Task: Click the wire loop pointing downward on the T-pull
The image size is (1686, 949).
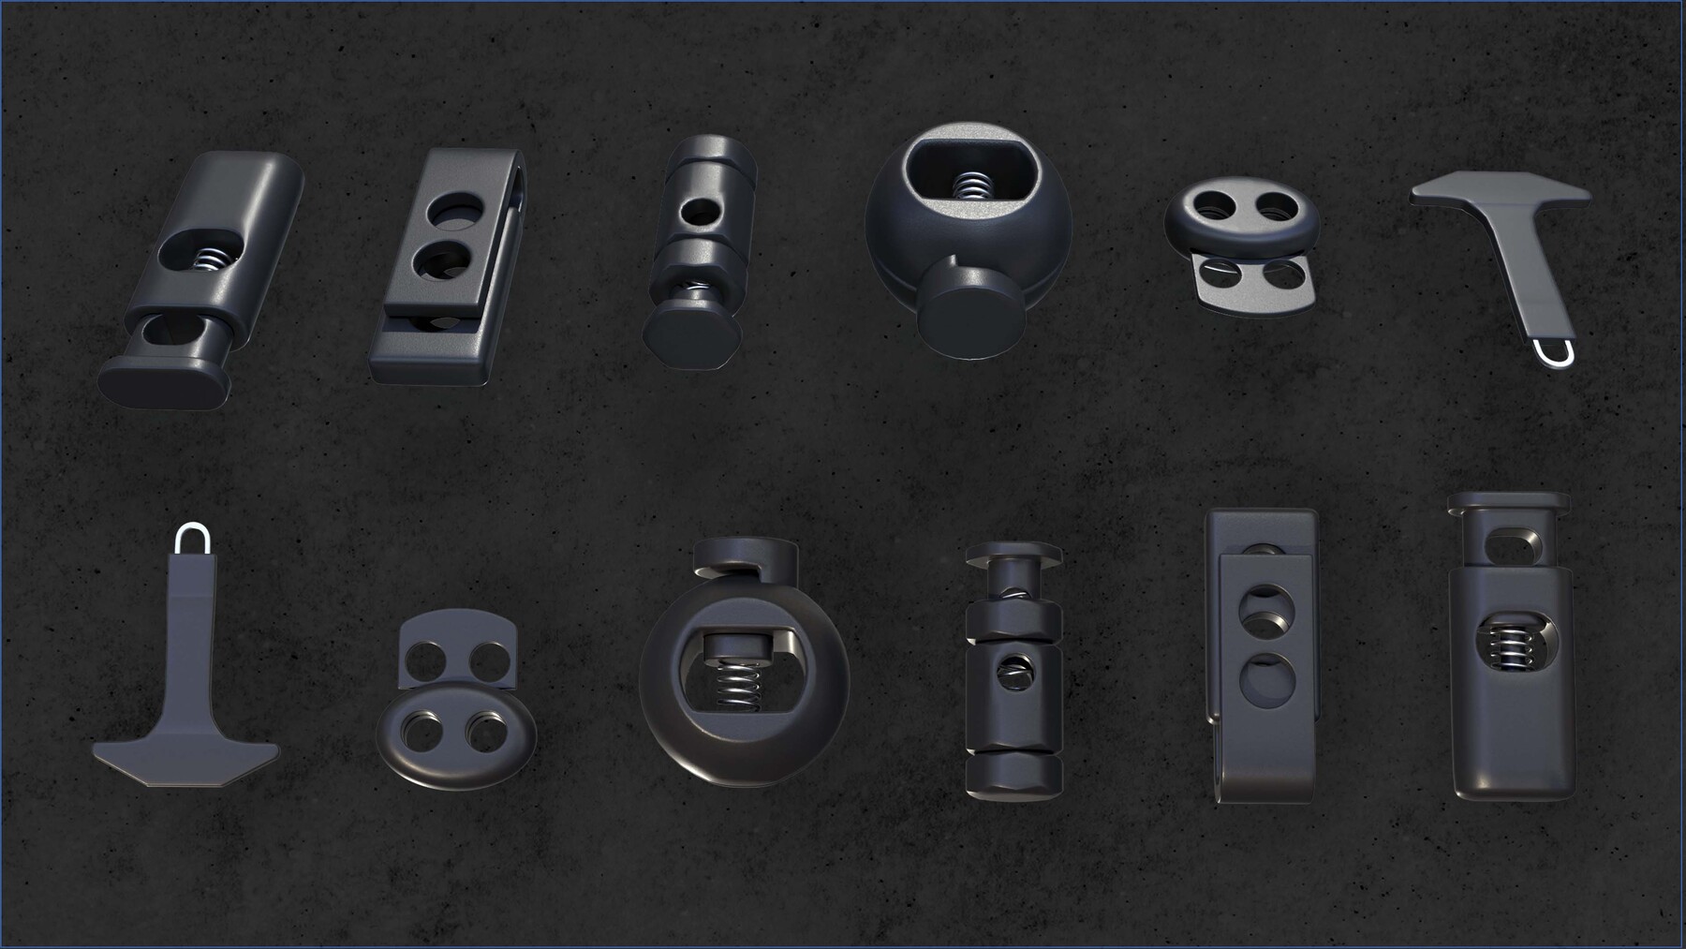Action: click(x=1555, y=353)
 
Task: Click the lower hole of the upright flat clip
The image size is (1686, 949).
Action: click(x=1264, y=680)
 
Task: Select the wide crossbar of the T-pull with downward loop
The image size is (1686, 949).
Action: click(x=1499, y=191)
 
